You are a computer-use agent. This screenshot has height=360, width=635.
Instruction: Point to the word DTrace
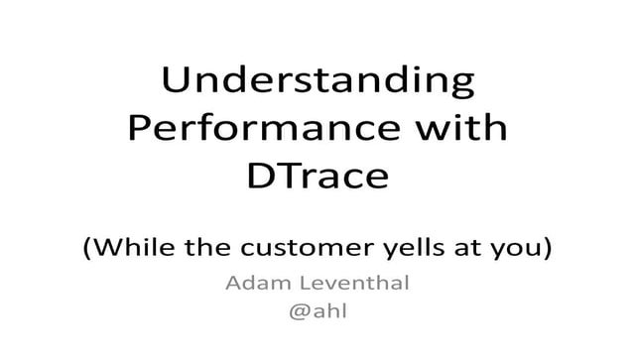click(x=317, y=178)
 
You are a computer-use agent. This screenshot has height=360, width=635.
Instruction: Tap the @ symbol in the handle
click(x=297, y=312)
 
